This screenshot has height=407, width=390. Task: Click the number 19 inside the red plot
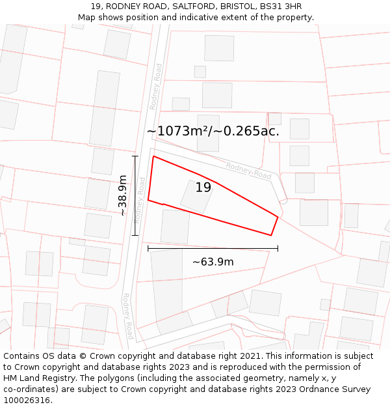[203, 188]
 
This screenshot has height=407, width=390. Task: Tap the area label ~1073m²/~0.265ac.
[213, 131]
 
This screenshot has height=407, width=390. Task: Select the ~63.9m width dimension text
[213, 262]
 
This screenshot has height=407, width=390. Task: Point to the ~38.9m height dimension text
[122, 195]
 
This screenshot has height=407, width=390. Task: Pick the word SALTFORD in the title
[190, 7]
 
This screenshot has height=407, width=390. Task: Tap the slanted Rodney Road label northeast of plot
[248, 171]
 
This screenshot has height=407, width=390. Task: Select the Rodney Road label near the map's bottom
[128, 316]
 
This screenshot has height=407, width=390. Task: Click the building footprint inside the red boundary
[197, 195]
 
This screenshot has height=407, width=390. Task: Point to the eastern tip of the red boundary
[278, 217]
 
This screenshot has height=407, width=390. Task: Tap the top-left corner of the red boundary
[153, 156]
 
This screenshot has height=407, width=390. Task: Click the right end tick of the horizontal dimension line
[278, 248]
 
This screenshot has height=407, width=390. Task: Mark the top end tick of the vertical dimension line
[135, 156]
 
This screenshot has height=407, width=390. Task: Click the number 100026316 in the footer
[27, 400]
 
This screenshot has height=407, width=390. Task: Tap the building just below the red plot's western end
[175, 226]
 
